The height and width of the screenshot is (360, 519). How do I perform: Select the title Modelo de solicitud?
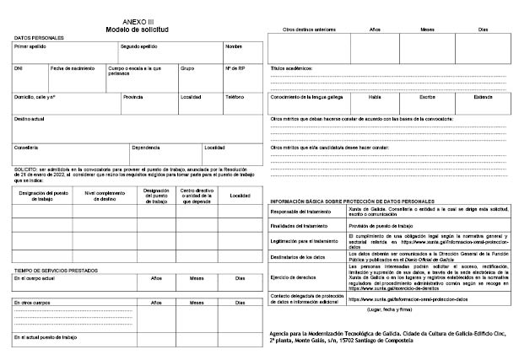point(138,30)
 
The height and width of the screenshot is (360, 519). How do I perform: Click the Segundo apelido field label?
point(138,46)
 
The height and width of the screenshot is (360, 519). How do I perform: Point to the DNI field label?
point(19,68)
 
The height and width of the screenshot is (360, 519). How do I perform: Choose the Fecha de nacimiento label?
point(72,68)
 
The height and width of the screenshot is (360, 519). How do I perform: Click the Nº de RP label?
point(235,68)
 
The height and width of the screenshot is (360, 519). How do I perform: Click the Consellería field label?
point(26,148)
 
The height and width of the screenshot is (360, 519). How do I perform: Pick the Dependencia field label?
point(146,148)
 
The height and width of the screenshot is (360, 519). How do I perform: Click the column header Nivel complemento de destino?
point(105,196)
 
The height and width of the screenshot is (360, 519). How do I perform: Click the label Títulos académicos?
point(291,67)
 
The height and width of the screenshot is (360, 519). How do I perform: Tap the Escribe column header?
point(427,97)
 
